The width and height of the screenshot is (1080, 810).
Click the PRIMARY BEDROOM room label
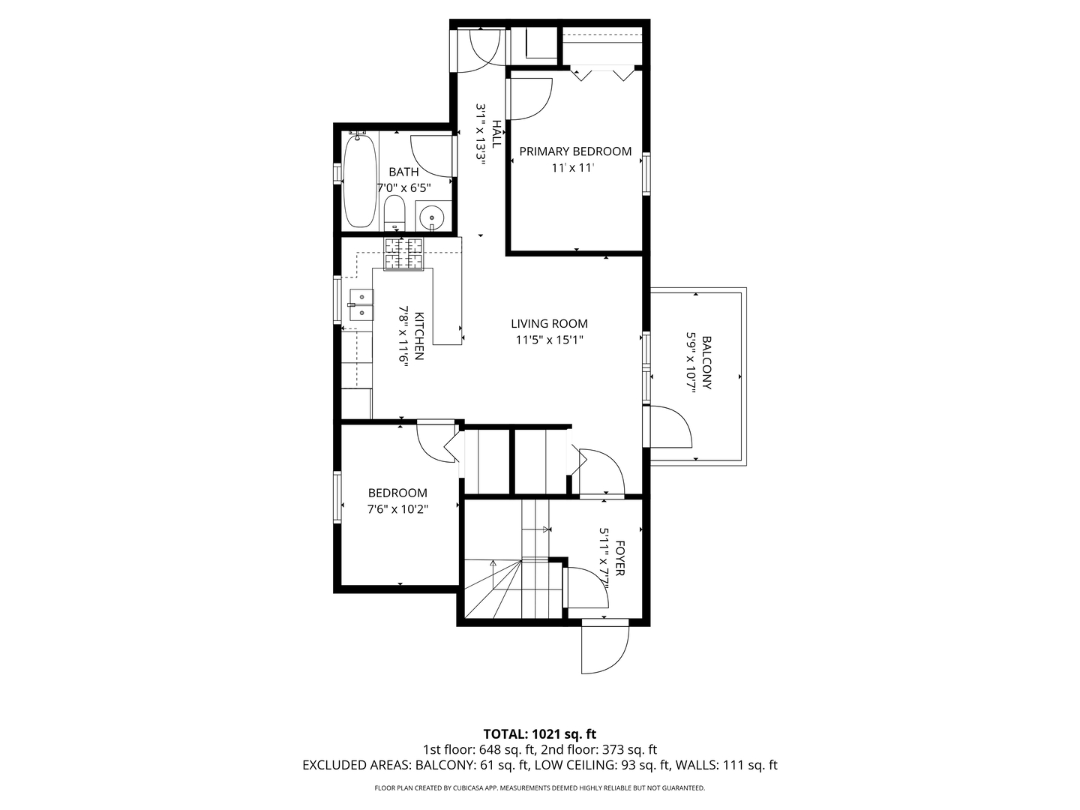[x=575, y=151]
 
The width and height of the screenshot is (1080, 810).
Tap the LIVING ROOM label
[x=549, y=324]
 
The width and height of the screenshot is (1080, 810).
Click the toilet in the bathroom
[x=394, y=214]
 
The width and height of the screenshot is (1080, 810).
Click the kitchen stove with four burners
[x=404, y=253]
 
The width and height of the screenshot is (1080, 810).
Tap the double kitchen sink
[x=361, y=305]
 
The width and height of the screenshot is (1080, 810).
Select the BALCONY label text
[x=706, y=363]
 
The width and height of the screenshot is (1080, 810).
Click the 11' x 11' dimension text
[x=573, y=168]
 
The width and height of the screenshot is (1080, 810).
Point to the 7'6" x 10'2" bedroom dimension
[x=397, y=509]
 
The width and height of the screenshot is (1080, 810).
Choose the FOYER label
[x=620, y=558]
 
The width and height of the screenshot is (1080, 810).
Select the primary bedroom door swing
[x=531, y=97]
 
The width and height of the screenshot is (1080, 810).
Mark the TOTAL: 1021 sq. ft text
[x=539, y=733]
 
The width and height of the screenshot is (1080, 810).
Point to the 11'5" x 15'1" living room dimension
[x=549, y=340]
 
